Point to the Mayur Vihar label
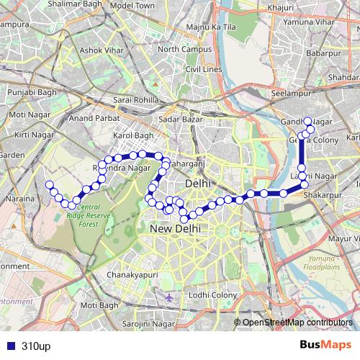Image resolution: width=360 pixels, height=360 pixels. click(x=343, y=237)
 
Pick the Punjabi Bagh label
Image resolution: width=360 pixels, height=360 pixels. click(x=28, y=92)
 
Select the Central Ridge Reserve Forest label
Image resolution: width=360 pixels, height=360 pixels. click(x=99, y=216)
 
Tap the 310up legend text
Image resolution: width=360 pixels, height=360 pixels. click(x=35, y=346)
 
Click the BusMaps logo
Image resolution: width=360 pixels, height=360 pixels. click(x=321, y=346)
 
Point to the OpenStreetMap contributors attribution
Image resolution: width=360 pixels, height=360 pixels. click(x=296, y=323)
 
